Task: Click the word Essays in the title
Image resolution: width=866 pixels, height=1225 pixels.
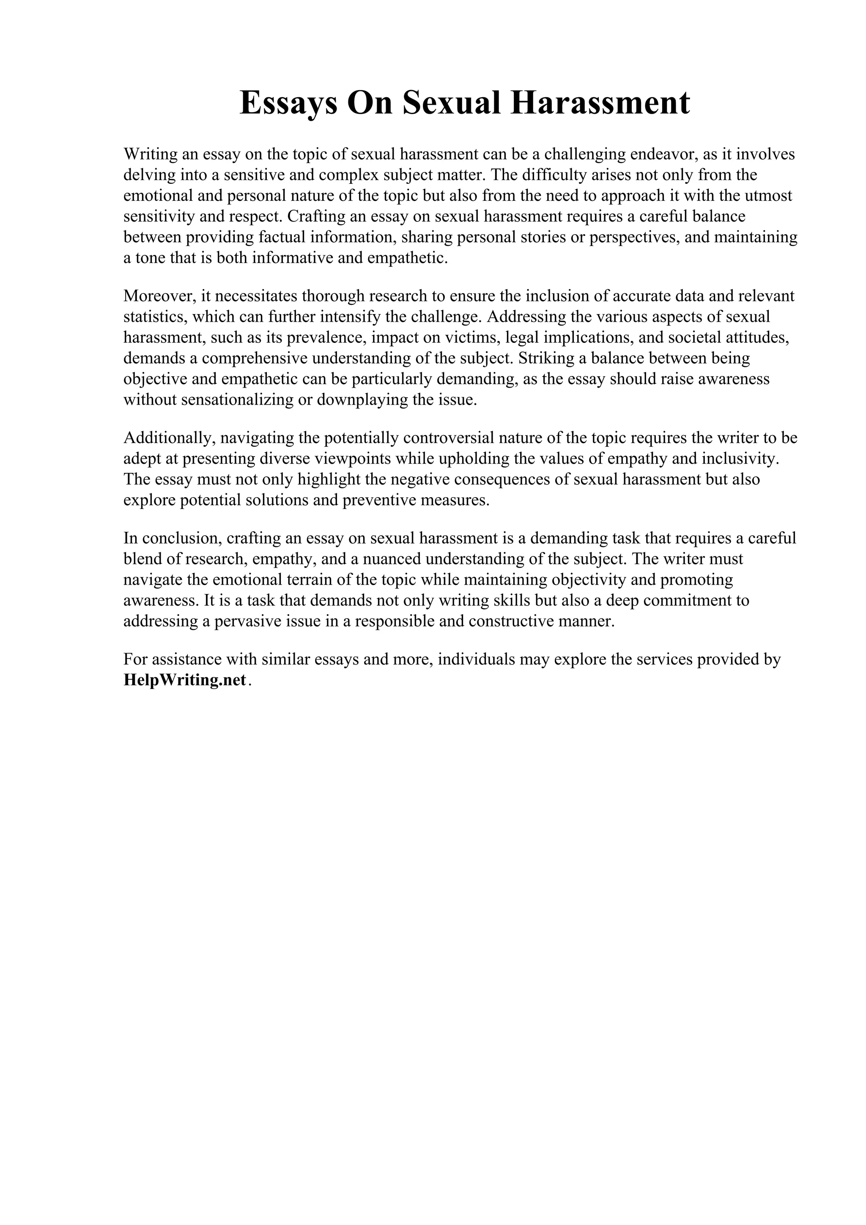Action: (288, 103)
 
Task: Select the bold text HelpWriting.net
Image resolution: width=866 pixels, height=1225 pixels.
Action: (185, 680)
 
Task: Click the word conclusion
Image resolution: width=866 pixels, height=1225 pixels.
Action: (181, 538)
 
